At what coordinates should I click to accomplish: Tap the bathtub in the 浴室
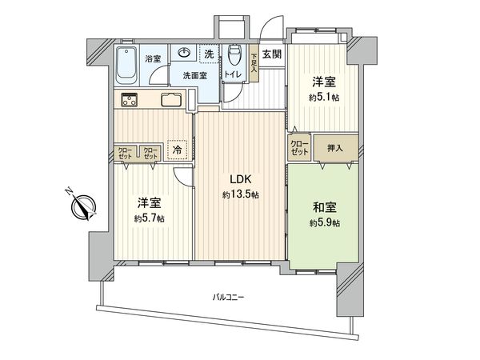126,66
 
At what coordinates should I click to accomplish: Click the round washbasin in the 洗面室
184,53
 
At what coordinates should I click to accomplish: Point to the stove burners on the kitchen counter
129,99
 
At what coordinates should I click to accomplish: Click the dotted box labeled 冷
178,150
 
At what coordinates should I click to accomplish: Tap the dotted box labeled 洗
210,54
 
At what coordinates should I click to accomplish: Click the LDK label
241,179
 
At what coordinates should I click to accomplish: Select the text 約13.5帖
241,194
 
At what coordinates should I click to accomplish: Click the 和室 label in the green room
325,207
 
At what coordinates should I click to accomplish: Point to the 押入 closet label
335,149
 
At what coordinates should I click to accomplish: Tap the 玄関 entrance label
272,54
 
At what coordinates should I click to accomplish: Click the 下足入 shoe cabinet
254,63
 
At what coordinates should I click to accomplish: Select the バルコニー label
228,297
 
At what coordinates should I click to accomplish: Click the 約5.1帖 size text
324,98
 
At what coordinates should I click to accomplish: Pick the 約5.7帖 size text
149,218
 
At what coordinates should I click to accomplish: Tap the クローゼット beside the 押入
299,148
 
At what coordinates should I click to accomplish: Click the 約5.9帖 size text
325,223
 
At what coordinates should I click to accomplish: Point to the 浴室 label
153,58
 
